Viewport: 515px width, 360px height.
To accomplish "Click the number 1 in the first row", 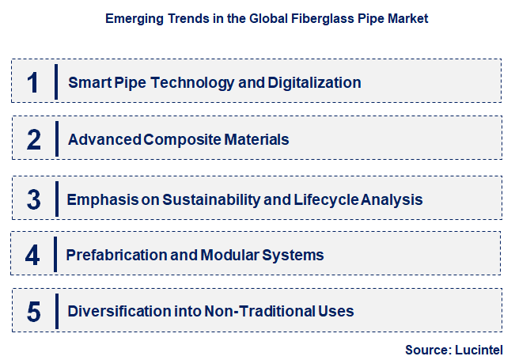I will coord(32,82).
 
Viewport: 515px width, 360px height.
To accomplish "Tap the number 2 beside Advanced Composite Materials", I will coord(33,140).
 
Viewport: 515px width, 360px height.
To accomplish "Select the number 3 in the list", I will coord(33,199).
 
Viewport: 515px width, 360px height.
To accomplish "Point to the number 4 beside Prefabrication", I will coord(32,255).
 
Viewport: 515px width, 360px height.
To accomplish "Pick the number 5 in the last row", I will coord(33,311).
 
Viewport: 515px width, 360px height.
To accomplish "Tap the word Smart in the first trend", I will coord(88,82).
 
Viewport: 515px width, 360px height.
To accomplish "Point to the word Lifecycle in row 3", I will coord(324,199).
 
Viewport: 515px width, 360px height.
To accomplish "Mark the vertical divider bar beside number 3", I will coord(56,199).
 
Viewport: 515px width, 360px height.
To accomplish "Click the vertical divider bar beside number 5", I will coord(56,310).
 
